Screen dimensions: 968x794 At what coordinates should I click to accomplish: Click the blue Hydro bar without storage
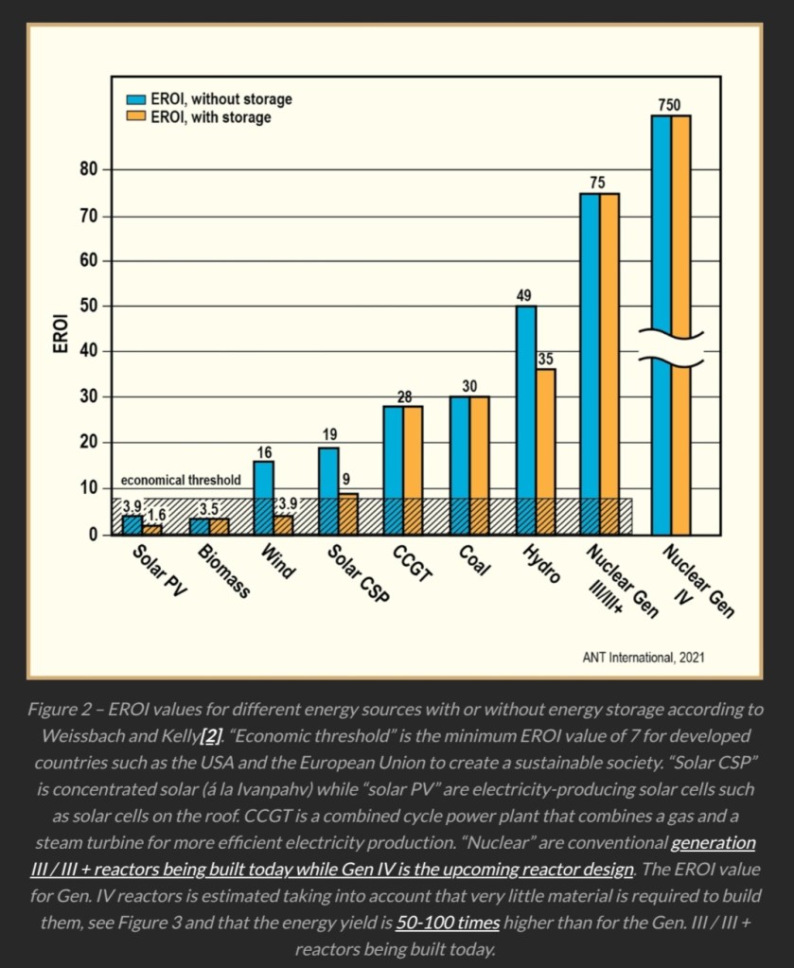[x=525, y=416]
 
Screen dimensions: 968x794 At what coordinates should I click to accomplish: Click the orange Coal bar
[x=479, y=464]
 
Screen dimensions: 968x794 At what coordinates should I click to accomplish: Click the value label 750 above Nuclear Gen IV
[x=669, y=104]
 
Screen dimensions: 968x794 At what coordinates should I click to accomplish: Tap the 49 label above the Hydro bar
[x=523, y=294]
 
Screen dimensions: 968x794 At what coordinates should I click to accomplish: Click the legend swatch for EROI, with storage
[x=136, y=117]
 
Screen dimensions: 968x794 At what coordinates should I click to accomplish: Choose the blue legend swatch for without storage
[x=136, y=99]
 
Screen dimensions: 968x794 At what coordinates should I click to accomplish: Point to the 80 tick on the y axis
[x=89, y=170]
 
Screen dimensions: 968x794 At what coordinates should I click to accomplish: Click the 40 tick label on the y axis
[x=89, y=352]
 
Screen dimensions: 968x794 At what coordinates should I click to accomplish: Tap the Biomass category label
[x=224, y=572]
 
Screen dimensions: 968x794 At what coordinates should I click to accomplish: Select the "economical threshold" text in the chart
[x=181, y=481]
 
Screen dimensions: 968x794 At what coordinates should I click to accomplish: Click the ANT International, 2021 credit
[x=643, y=657]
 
